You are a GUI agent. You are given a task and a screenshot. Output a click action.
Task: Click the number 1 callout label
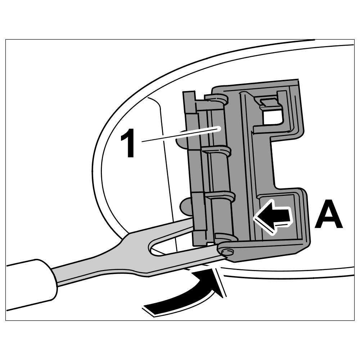128,145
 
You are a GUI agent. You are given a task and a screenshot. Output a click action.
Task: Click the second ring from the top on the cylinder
218,150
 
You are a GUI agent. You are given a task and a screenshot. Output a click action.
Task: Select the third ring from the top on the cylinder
221,197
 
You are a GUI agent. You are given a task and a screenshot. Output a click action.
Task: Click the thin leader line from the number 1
180,135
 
